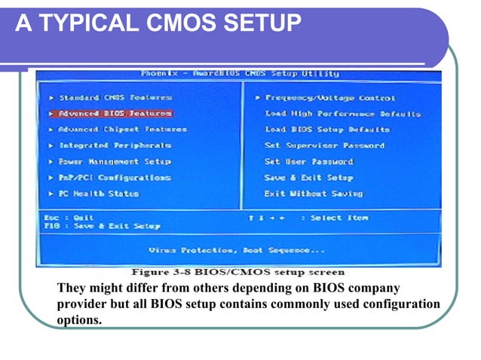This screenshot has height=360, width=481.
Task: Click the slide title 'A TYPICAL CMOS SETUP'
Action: tap(158, 24)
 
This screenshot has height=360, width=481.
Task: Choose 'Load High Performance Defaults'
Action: tap(342, 114)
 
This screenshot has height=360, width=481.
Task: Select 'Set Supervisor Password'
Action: tap(324, 145)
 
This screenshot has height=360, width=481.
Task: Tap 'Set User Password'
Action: tap(308, 161)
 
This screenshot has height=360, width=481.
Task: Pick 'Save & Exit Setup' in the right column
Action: tap(308, 178)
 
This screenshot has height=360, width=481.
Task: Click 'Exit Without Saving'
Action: tap(313, 194)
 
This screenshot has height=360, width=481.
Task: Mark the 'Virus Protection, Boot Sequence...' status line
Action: tap(237, 250)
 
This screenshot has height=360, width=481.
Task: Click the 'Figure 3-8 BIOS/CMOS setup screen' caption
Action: tap(238, 272)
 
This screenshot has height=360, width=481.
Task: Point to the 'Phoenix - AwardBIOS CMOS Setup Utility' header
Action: tap(240, 74)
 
